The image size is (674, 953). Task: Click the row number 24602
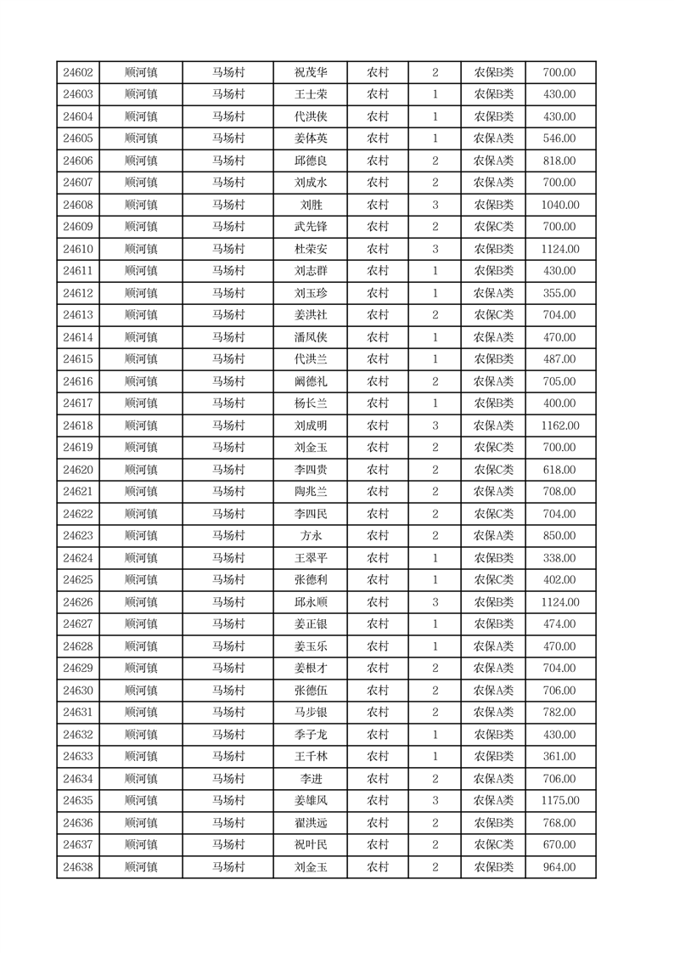click(78, 73)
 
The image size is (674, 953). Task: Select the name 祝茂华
click(311, 73)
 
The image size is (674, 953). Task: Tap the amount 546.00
click(559, 138)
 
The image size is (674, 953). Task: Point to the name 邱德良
click(311, 161)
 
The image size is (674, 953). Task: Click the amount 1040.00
click(559, 205)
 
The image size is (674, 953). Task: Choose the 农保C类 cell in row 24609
click(493, 227)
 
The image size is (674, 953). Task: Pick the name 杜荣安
click(311, 249)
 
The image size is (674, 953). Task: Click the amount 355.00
click(559, 293)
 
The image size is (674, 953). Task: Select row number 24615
click(78, 359)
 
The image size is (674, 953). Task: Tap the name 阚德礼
click(311, 381)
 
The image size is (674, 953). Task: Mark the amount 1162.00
click(559, 426)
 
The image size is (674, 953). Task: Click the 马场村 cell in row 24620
click(228, 470)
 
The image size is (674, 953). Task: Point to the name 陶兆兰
click(311, 492)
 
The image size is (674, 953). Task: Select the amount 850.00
click(559, 536)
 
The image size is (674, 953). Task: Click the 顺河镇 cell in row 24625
click(140, 580)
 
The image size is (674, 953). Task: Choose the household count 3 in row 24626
click(435, 602)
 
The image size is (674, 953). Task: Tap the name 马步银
click(311, 713)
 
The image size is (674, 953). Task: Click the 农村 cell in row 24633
click(377, 757)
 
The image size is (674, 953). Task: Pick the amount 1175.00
click(559, 801)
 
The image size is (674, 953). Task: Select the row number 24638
click(78, 867)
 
